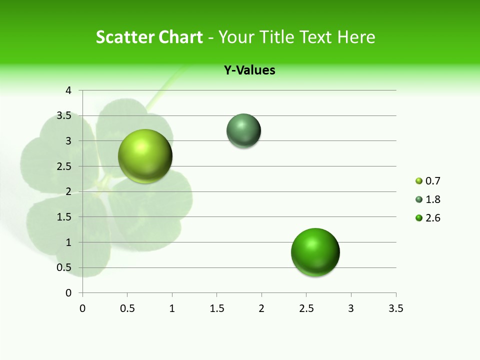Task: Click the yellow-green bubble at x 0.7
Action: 145,156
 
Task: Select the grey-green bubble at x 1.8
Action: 243,131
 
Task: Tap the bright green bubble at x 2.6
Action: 315,252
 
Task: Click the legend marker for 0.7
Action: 419,181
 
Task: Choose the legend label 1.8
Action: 432,199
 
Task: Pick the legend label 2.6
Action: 432,218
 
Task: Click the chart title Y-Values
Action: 249,70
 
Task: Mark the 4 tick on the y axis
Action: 68,90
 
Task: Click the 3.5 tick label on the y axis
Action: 64,116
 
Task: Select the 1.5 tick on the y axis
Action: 64,217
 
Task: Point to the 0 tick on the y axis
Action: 68,292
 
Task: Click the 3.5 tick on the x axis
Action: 395,308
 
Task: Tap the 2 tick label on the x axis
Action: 261,308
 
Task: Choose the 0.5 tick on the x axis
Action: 127,308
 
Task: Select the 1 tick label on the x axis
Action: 172,308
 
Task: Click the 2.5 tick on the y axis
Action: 64,166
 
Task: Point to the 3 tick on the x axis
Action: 351,308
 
